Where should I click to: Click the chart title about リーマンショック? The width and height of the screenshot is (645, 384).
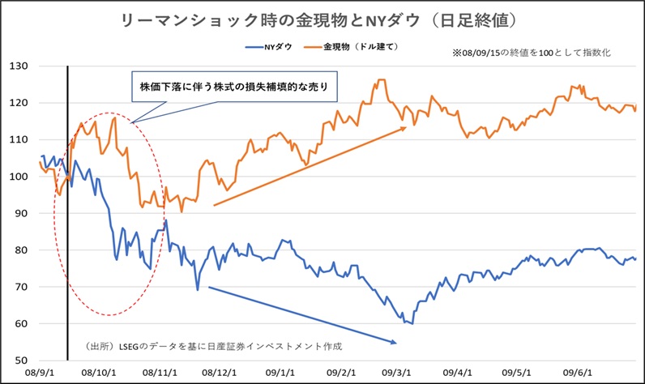point(322,17)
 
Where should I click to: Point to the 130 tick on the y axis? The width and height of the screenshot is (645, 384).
point(20,66)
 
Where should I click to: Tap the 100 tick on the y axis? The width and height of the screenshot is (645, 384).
point(20,176)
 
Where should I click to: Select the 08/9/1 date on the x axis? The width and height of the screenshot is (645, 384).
point(40,373)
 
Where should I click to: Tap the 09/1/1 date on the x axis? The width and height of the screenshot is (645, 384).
point(277,373)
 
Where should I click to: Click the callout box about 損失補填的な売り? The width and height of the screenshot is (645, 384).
point(233,86)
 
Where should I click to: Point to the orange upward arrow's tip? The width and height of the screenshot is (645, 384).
point(405,127)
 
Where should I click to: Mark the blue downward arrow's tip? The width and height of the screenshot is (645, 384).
point(397,343)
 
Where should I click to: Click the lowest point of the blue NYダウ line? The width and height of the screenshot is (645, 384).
point(412,323)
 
